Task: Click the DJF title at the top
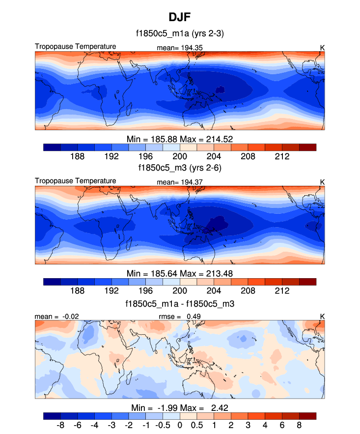click(180, 17)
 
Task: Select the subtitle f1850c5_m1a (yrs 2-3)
click(180, 34)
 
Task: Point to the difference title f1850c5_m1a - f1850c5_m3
click(180, 304)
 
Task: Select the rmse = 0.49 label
click(180, 316)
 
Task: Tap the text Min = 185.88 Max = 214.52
click(180, 139)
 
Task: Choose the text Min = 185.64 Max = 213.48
click(180, 273)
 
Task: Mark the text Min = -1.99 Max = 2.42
click(180, 408)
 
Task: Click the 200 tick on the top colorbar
click(180, 156)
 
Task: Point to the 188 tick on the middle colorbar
click(78, 290)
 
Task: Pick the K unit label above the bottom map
click(322, 316)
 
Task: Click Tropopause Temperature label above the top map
click(76, 47)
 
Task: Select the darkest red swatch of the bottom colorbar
click(307, 416)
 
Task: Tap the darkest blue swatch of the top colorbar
click(52, 147)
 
